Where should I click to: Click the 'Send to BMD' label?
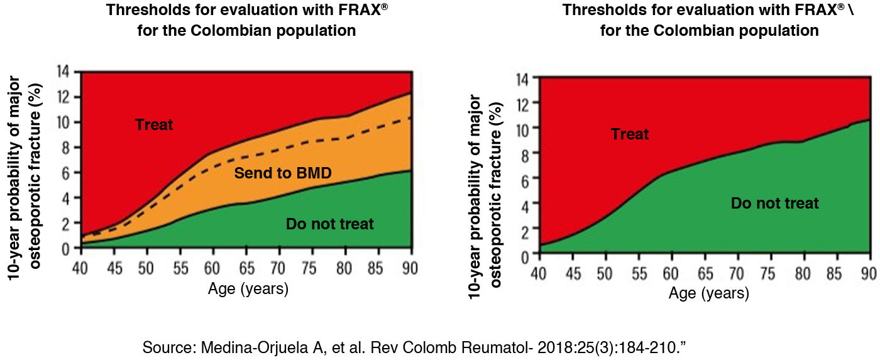pyautogui.click(x=283, y=173)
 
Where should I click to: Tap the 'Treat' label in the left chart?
pyautogui.click(x=153, y=124)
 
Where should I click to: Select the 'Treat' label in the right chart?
pyautogui.click(x=630, y=134)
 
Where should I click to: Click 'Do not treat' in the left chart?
pyautogui.click(x=329, y=224)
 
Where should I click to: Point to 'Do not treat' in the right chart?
pyautogui.click(x=774, y=203)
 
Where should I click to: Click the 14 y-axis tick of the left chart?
pyautogui.click(x=63, y=72)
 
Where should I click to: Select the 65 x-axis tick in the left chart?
pyautogui.click(x=246, y=268)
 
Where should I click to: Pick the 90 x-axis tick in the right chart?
pyautogui.click(x=869, y=274)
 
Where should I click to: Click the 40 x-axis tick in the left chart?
pyautogui.click(x=80, y=268)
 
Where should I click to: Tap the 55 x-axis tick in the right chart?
pyautogui.click(x=639, y=274)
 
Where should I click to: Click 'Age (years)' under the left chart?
pyautogui.click(x=248, y=289)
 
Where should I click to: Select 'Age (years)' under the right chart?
pyautogui.click(x=709, y=293)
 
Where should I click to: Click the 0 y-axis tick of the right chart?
pyautogui.click(x=524, y=256)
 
